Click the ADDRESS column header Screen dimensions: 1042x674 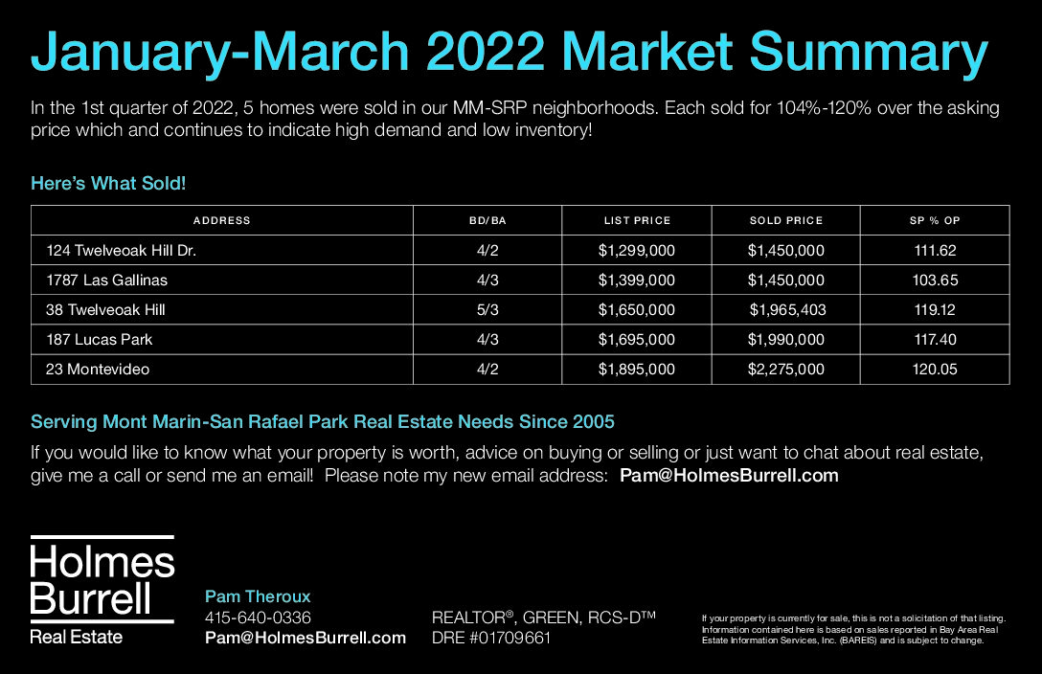click(221, 220)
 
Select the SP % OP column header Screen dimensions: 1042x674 click(935, 220)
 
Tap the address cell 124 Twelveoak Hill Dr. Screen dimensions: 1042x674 click(121, 250)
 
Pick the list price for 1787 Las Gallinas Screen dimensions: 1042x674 click(637, 281)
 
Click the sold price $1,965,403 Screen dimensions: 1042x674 click(787, 310)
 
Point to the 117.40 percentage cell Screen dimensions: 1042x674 click(935, 339)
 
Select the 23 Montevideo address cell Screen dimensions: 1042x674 click(98, 370)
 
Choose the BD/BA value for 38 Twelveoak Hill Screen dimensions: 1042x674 click(487, 310)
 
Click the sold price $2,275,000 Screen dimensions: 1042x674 click(785, 370)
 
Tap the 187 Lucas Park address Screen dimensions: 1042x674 click(99, 339)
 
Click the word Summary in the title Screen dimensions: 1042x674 click(870, 53)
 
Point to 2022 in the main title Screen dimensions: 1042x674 click(486, 52)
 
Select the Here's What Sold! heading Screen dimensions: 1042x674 click(108, 183)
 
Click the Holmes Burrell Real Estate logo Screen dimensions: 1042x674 click(102, 590)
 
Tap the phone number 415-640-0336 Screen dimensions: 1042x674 click(258, 618)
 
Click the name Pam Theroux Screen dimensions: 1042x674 click(258, 596)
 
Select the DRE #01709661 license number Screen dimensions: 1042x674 click(491, 639)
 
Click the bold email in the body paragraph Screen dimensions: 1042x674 click(729, 476)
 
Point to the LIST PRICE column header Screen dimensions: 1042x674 click(637, 220)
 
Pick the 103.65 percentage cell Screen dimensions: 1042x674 click(935, 281)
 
